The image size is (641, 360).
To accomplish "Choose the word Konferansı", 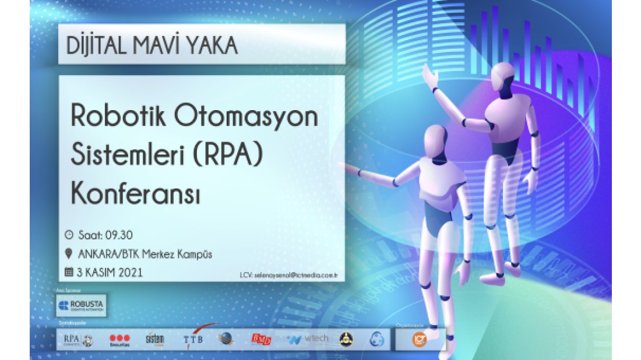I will pos(135,194).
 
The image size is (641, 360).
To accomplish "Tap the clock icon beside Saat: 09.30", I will pos(69,235).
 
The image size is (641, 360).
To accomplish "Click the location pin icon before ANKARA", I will pos(69,253).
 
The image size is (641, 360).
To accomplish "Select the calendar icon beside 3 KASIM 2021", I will pos(69,271).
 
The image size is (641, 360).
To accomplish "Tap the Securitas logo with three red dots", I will pos(119,340).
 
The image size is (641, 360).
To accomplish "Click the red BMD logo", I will pos(261,339).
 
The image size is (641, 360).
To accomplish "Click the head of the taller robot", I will pos(502,77).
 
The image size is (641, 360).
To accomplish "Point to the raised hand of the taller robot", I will pos(430,76).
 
